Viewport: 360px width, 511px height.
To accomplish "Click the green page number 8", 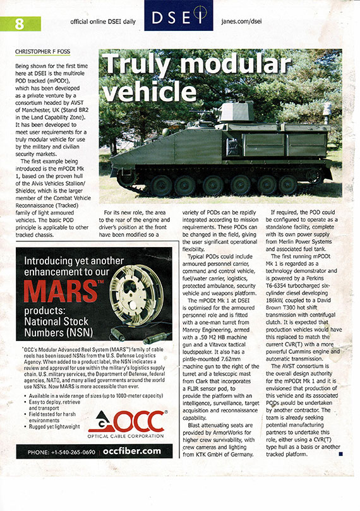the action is (x=19, y=25).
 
